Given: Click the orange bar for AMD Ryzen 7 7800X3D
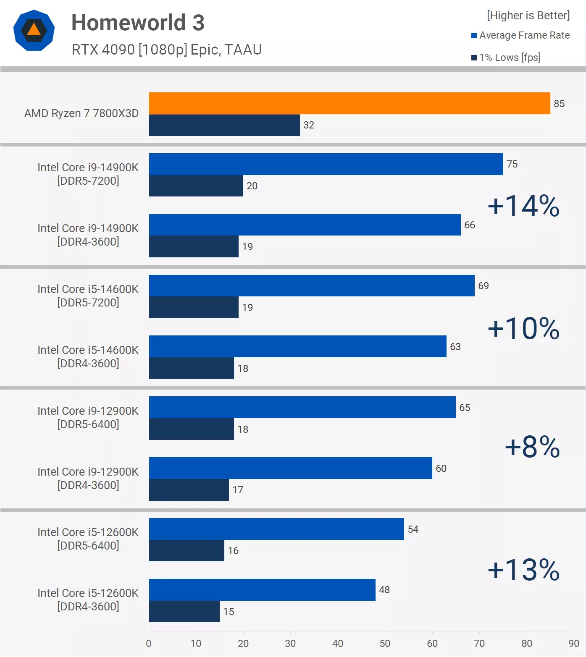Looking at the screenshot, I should [349, 103].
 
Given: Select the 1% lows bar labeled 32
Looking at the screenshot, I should [224, 125].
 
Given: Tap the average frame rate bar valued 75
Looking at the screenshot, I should [326, 164].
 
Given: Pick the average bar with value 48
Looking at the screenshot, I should [262, 590].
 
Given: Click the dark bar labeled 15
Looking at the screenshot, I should [184, 612].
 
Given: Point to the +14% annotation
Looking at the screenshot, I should [523, 206].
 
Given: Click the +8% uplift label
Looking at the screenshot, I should [532, 446].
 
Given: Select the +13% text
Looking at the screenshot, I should [523, 570].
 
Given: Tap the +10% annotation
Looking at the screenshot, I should [523, 328].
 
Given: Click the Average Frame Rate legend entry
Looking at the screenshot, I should [521, 35].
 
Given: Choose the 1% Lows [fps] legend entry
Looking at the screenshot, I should [506, 58].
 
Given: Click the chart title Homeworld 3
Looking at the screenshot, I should [138, 23].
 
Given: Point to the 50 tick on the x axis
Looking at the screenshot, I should [385, 644].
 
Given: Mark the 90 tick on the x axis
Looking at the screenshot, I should [574, 644].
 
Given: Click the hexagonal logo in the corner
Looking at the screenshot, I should [34, 30].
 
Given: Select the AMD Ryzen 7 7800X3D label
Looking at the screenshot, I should [81, 113].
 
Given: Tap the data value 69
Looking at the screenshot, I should [484, 286].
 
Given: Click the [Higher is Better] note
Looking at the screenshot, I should [528, 16].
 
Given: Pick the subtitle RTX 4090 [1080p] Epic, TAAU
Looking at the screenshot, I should [166, 50].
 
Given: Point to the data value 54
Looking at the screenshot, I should [413, 529].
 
